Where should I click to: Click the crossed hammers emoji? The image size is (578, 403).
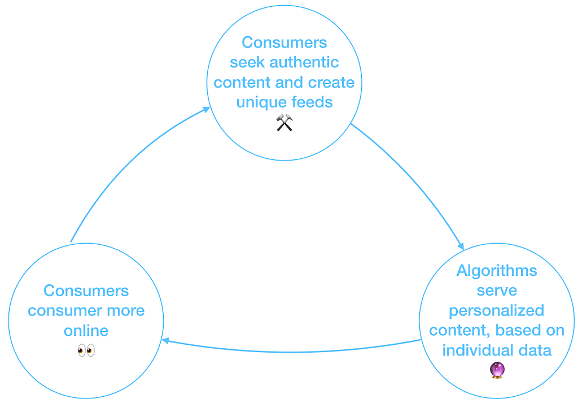(284, 123)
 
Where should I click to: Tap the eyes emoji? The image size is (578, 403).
(86, 350)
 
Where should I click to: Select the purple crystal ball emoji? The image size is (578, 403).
(497, 370)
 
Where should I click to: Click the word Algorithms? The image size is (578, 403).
(497, 271)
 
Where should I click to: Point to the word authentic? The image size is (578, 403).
(304, 62)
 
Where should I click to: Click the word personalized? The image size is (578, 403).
(497, 310)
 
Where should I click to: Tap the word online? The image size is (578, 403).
(86, 330)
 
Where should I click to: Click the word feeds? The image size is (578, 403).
(312, 102)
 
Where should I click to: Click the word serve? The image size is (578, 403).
(497, 291)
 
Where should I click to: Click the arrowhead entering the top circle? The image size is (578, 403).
(207, 109)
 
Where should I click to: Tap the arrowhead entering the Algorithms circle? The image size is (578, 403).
(461, 246)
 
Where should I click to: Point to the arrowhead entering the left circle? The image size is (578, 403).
(165, 340)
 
